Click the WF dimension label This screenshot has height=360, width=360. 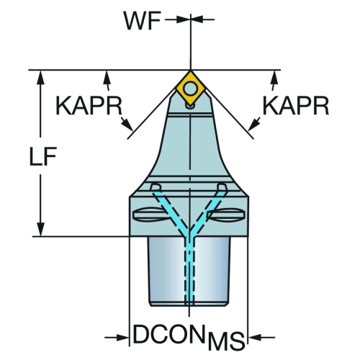(x=142, y=21)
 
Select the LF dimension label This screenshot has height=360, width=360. (x=43, y=156)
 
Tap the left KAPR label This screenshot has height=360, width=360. (x=89, y=106)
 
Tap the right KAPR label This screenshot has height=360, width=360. (x=296, y=106)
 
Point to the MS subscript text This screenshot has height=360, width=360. (x=226, y=341)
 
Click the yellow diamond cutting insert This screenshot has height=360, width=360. (x=190, y=88)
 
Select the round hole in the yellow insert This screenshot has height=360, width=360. (x=190, y=89)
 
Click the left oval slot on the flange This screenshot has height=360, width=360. (x=148, y=215)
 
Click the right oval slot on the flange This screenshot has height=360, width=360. (x=228, y=215)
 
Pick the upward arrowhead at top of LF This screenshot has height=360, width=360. (x=41, y=77)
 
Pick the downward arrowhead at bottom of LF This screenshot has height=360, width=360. (x=41, y=230)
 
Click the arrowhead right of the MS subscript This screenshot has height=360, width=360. (x=255, y=338)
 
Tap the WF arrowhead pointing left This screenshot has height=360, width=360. (x=197, y=19)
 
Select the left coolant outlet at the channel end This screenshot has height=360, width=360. (x=155, y=186)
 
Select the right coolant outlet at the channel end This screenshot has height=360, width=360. (x=221, y=186)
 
